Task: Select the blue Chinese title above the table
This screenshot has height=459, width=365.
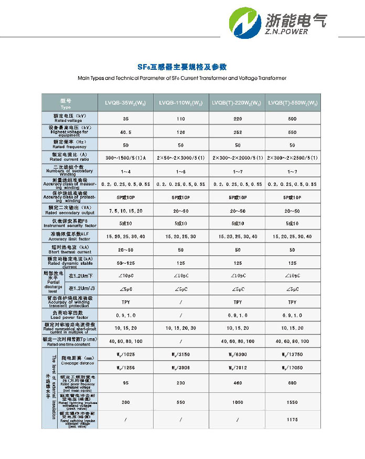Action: pos(182,67)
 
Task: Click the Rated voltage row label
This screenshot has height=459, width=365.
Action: pos(69,119)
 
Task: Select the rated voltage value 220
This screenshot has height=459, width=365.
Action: pos(238,119)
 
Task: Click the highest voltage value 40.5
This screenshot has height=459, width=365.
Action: pos(125,132)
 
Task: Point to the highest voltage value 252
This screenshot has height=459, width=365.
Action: pos(238,132)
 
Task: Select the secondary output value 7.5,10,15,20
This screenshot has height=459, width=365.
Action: pos(125,211)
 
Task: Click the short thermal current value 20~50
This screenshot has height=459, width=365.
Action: pos(125,250)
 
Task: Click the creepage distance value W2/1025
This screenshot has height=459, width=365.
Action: pos(125,356)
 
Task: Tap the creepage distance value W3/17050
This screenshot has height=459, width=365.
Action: pos(292,368)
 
